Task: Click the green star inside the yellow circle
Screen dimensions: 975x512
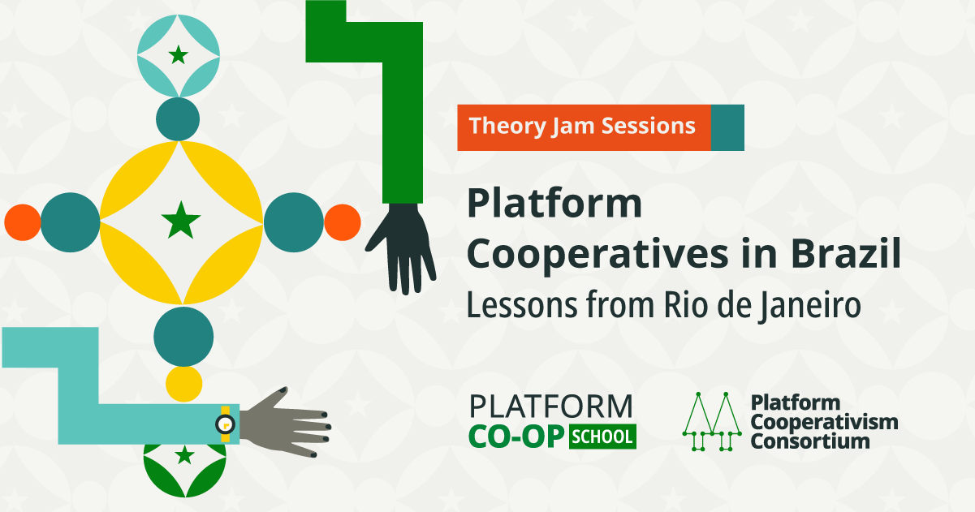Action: [x=181, y=220]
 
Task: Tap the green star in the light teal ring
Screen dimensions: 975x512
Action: [x=179, y=55]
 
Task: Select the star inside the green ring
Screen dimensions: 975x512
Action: [x=184, y=455]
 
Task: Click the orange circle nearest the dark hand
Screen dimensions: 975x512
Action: [x=343, y=222]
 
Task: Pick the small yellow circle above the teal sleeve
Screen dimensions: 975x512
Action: [x=184, y=384]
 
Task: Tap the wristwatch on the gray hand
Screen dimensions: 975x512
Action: [x=226, y=424]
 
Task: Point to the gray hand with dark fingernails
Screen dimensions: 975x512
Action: [x=285, y=423]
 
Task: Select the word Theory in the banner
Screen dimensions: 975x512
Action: [x=507, y=126]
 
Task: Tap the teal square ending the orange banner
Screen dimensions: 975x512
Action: [x=727, y=127]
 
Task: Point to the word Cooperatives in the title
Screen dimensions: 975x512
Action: [x=598, y=256]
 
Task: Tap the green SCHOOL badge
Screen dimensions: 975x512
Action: [x=602, y=437]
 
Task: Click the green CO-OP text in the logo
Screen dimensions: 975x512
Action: [x=516, y=437]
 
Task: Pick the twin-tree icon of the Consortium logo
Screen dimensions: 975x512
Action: [x=712, y=421]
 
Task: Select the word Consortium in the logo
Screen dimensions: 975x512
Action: [x=810, y=441]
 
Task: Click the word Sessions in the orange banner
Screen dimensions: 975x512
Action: [x=649, y=126]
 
